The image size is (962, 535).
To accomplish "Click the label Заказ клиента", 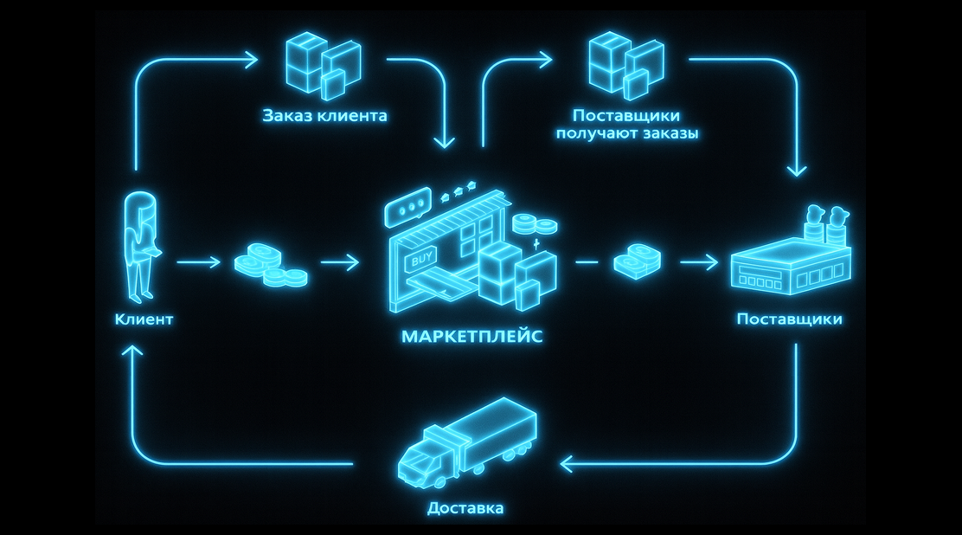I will coord(324,115).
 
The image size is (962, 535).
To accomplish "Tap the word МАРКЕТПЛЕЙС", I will coord(472,337).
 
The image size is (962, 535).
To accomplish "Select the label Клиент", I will coord(144,319).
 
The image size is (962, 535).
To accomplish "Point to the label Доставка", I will coord(465,508).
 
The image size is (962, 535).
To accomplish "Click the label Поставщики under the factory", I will coord(789,319).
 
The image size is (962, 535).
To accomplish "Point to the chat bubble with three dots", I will coord(407,209).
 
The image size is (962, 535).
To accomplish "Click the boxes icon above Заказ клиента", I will coord(323,65).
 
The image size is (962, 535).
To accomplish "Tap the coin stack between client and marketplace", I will coord(271,264).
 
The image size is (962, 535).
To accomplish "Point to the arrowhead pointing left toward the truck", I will coord(568,464).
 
